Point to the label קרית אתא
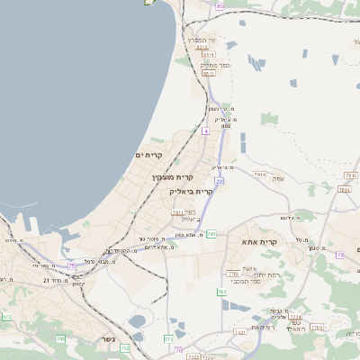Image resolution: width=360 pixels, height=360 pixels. pos(259,242)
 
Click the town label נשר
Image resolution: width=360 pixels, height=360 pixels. pos(103,341)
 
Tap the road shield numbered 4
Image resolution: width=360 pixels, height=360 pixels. pos(205,131)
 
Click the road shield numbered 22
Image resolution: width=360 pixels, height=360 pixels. pos(219,181)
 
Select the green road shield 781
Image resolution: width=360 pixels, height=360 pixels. pos(211,234)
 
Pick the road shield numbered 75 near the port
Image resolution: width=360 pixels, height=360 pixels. pos(72,265)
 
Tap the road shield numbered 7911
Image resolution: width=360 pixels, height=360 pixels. pos(177,212)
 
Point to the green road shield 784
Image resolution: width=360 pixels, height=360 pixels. pos(221,292)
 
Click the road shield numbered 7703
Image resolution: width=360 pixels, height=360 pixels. pos(233,273)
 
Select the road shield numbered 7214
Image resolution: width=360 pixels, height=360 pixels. pos(295,317)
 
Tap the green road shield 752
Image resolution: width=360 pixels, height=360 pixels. pos(125,347)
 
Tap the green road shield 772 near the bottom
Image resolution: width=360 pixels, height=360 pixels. pos(169,339)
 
